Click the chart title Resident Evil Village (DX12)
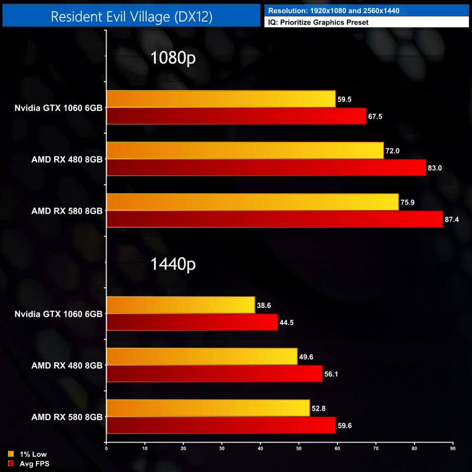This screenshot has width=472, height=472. tap(131, 16)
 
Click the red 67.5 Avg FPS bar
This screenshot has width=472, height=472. tap(236, 116)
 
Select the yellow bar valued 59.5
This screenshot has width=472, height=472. tap(221, 99)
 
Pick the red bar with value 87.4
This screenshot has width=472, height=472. tap(274, 219)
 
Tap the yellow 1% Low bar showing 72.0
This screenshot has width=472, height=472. tap(245, 150)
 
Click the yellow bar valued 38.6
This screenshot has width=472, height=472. tap(180, 305)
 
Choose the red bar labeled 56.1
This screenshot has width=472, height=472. tap(214, 374)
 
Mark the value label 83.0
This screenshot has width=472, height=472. tap(435, 168)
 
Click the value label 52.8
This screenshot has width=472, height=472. tap(319, 408)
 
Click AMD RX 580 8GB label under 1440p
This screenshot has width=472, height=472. tap(67, 417)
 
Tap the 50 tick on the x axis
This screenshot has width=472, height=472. tap(299, 448)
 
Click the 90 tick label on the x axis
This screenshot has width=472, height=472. tap(453, 448)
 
